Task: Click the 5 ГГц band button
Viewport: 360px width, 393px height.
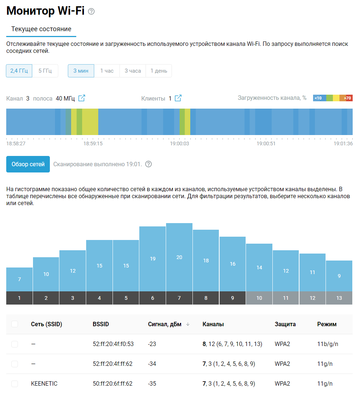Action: [45, 71]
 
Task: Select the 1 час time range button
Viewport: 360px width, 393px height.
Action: [107, 71]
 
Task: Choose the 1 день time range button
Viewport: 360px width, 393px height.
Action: [158, 71]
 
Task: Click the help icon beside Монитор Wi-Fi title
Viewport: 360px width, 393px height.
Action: [91, 11]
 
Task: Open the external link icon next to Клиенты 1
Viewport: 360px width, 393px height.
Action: [178, 98]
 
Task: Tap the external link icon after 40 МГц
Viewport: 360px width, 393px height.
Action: [82, 98]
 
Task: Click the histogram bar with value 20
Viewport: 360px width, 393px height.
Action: [179, 257]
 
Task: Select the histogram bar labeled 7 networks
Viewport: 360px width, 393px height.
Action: [19, 279]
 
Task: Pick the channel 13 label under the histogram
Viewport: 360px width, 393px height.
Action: [339, 298]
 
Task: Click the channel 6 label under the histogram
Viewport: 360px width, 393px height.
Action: [153, 298]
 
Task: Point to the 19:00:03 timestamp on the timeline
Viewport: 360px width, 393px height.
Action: [179, 143]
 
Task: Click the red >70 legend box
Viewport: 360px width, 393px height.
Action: [349, 98]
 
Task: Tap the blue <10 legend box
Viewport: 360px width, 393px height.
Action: [319, 98]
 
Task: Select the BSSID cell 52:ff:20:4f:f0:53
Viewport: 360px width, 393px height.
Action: [113, 344]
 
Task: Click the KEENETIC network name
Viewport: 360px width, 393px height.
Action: [44, 384]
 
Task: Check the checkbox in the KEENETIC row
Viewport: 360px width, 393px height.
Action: [15, 384]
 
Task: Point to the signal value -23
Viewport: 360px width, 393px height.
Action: [153, 344]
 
